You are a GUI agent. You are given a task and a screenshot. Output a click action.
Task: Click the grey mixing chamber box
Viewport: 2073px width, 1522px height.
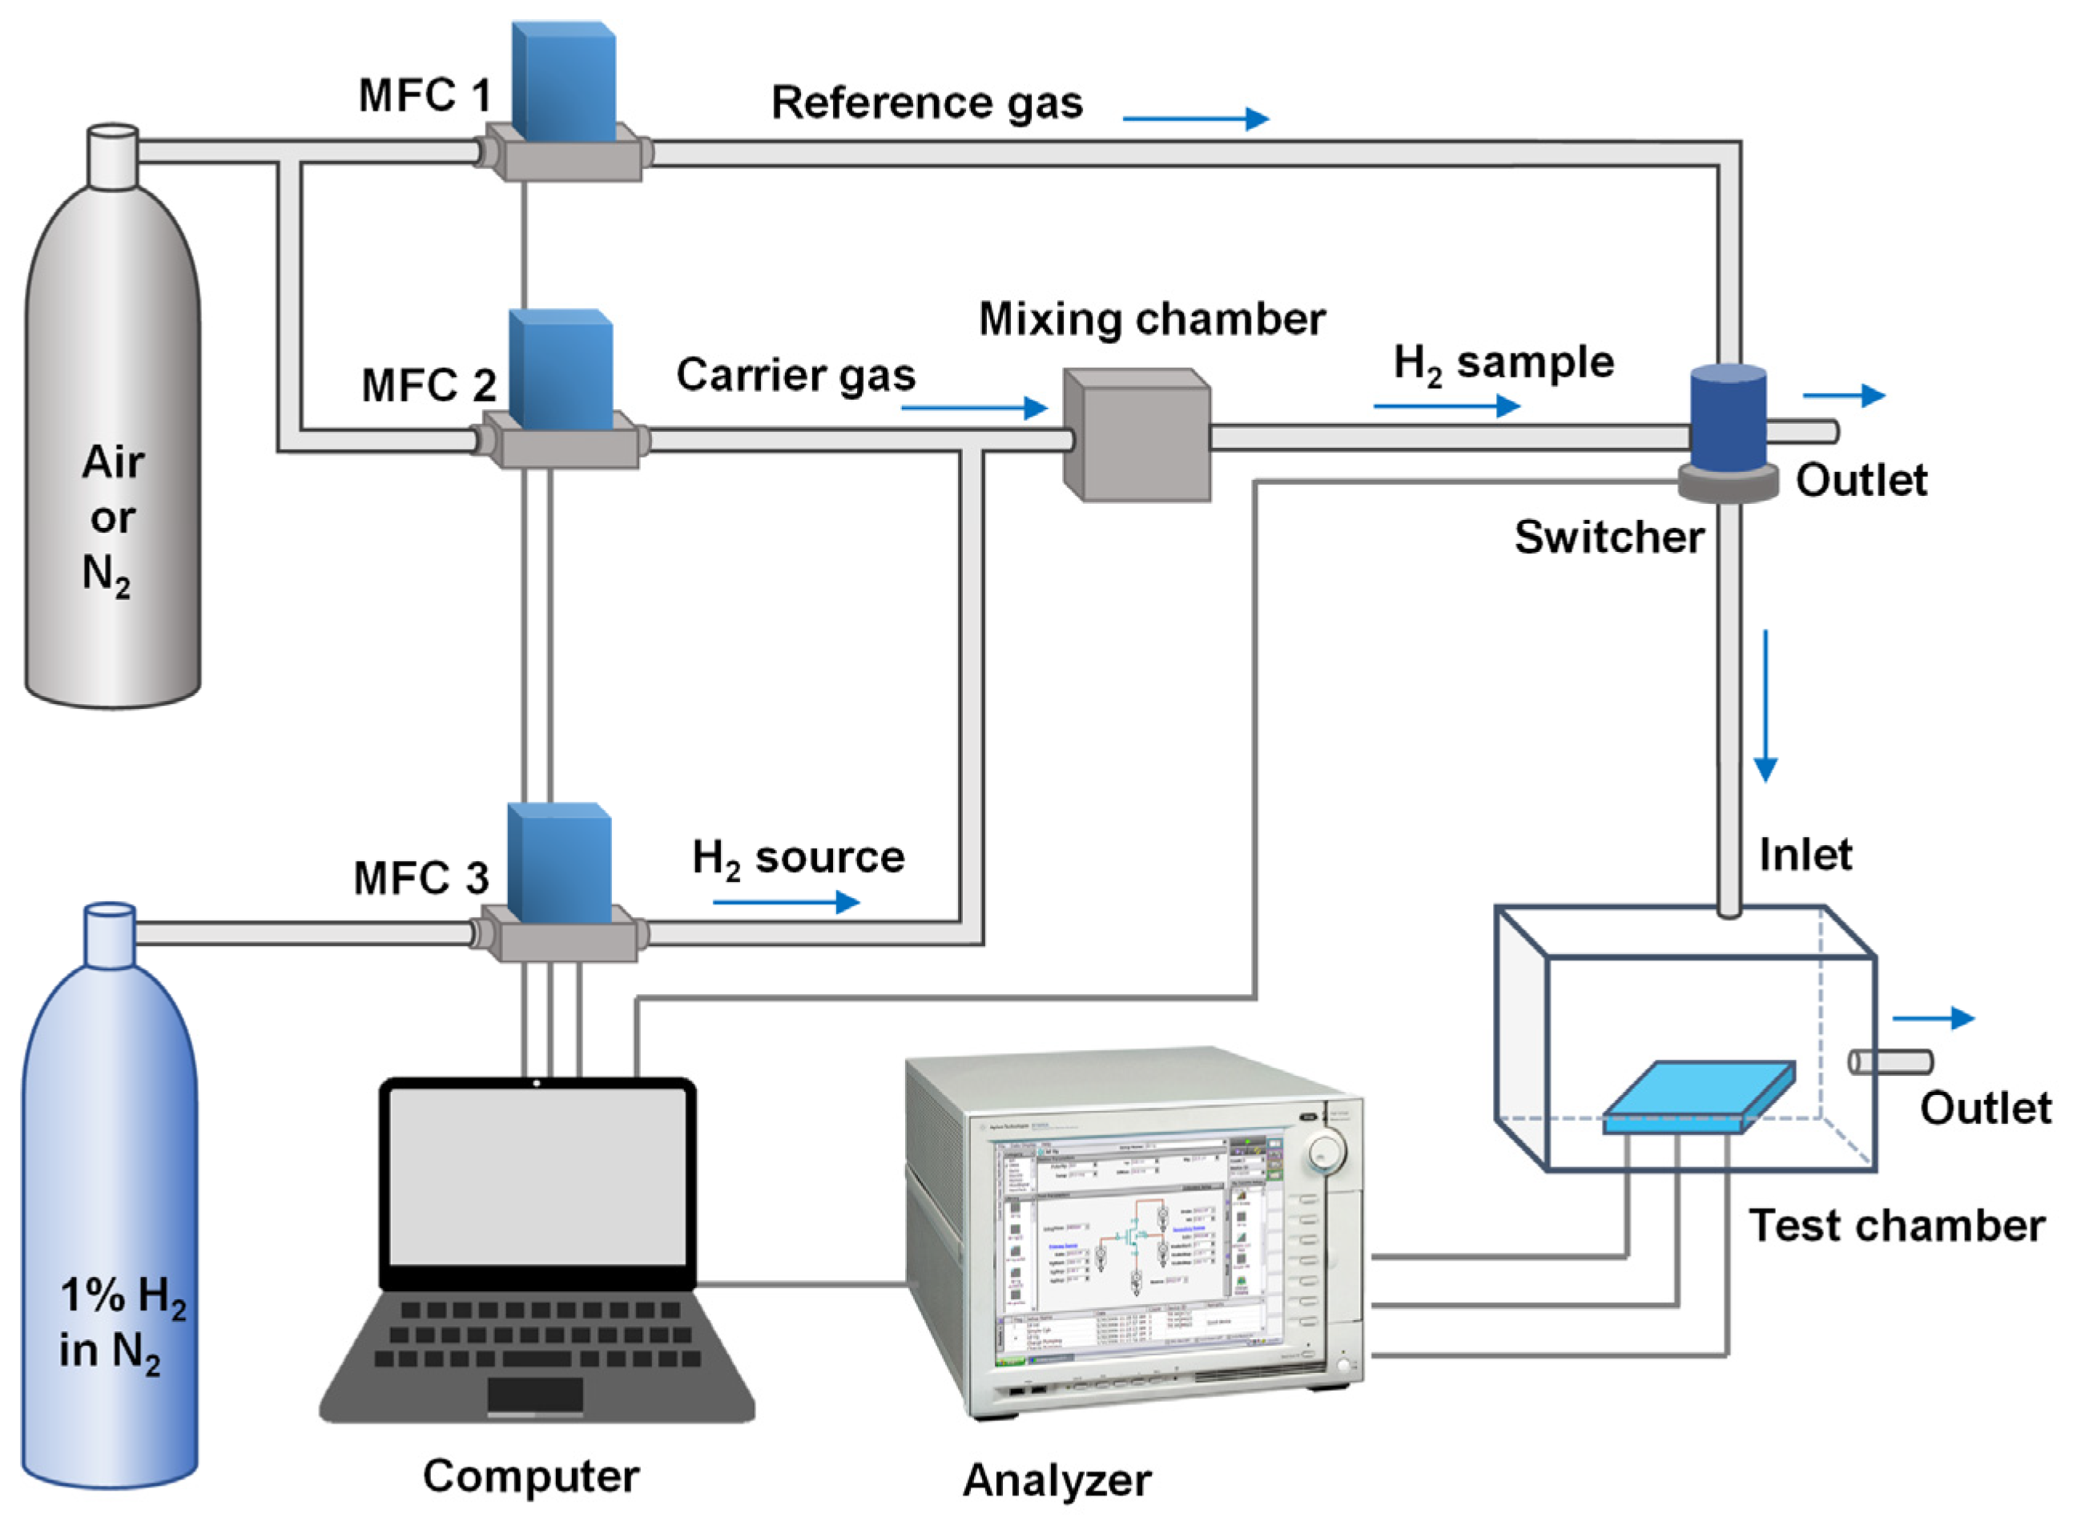[x=1136, y=436]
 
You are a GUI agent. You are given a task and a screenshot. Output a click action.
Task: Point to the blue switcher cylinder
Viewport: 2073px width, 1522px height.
[x=1728, y=419]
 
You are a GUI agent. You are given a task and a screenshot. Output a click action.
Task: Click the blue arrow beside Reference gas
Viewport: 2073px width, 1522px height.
[x=1195, y=118]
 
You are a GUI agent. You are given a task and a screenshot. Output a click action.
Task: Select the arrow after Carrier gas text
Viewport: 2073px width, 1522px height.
[x=974, y=407]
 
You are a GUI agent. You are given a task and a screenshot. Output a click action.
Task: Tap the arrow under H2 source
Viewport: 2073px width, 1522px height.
[x=785, y=902]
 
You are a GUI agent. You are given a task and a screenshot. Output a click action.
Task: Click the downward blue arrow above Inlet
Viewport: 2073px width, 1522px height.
[x=1765, y=706]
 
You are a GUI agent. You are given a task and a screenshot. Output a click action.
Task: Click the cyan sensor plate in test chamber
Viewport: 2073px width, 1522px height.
[x=1698, y=1097]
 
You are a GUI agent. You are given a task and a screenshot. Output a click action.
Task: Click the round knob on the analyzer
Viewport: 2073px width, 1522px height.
[x=1325, y=1152]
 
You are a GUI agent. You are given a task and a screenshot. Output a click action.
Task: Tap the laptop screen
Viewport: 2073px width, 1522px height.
[x=537, y=1179]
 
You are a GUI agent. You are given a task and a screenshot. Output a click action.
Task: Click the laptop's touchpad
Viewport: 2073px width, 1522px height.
[x=534, y=1394]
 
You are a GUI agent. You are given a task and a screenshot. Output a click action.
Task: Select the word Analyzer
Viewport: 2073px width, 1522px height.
[x=1056, y=1480]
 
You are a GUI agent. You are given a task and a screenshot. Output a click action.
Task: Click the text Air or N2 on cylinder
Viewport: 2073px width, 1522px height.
[x=111, y=517]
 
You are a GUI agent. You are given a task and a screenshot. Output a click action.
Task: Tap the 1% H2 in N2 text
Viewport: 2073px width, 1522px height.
[x=120, y=1324]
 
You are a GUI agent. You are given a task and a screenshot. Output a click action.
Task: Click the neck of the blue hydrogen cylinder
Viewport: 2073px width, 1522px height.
[x=110, y=935]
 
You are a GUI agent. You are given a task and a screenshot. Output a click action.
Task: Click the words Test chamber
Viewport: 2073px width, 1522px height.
[x=1896, y=1226]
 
